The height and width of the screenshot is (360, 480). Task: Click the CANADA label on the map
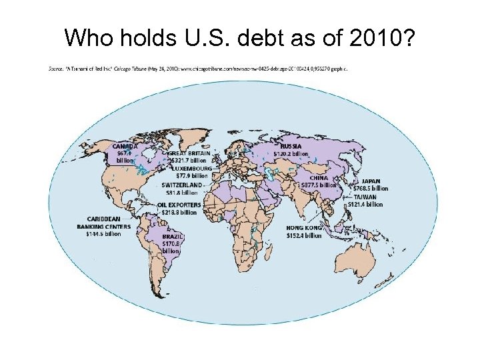[125, 146]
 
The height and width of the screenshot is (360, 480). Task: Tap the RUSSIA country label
[291, 146]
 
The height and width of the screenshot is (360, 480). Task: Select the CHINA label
[318, 178]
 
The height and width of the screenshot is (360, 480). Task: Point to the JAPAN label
[371, 181]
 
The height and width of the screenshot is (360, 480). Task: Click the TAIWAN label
[365, 197]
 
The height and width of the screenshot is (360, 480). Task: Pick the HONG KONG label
[304, 228]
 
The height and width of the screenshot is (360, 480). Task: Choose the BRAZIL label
[173, 237]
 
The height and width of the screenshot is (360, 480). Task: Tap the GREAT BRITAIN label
[189, 153]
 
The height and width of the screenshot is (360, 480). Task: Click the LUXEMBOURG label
[191, 169]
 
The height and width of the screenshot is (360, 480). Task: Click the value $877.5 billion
[319, 185]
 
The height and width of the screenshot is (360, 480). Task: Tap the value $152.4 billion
[304, 235]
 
